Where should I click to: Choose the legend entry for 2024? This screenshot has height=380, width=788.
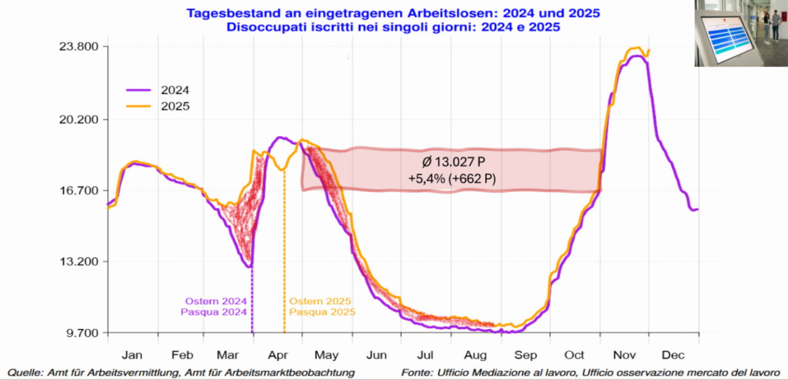coord(175,89)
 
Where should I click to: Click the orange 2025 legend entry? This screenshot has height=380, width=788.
coord(175,106)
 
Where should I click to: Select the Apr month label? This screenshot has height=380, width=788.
coord(279,355)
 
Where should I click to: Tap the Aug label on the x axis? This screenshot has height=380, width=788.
coord(475,355)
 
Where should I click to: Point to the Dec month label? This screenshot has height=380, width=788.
coord(673,355)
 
